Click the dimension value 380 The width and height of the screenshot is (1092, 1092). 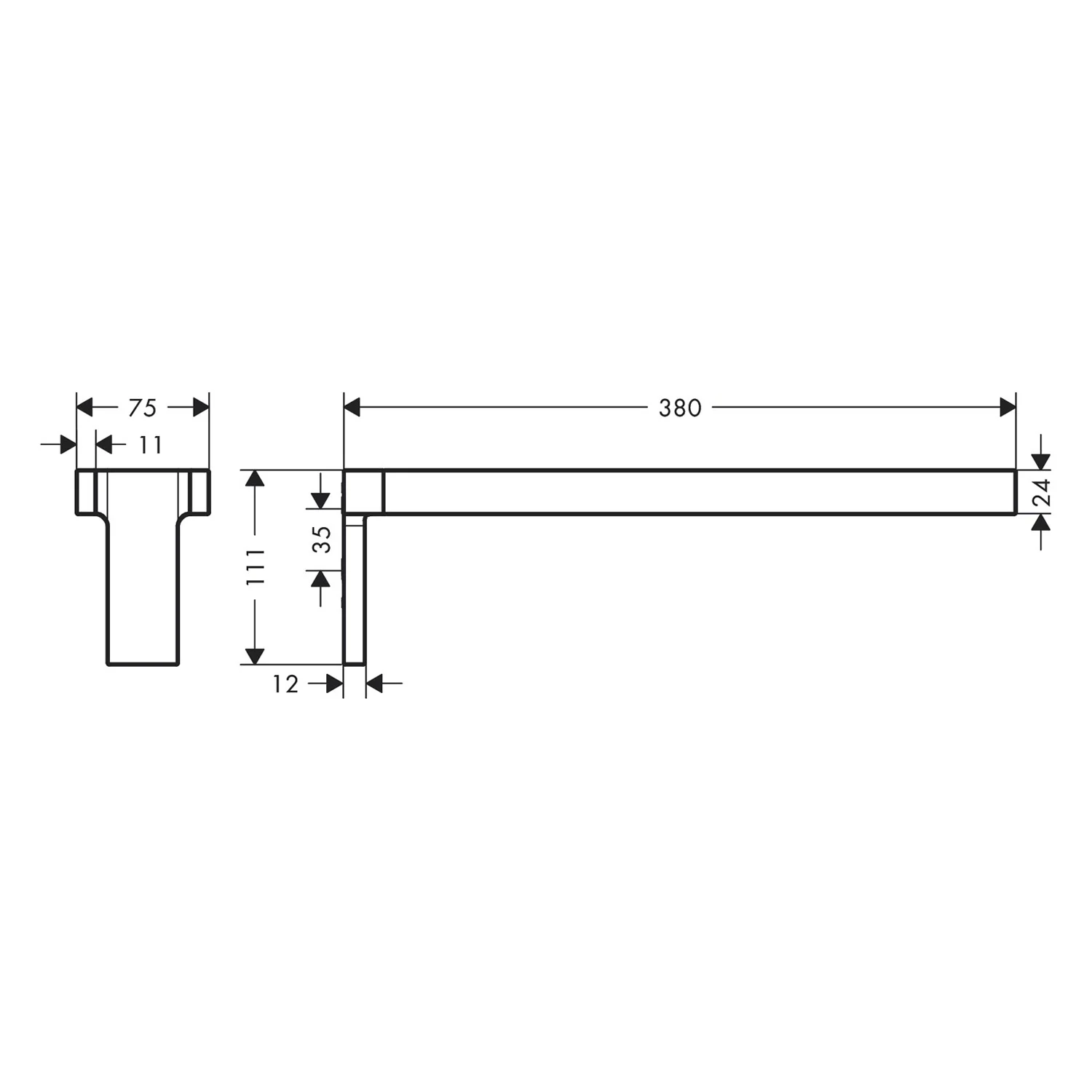tap(680, 408)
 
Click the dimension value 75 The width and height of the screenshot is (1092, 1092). tap(143, 408)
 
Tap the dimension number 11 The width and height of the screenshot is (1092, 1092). tap(151, 445)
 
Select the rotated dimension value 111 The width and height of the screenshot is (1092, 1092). tap(256, 567)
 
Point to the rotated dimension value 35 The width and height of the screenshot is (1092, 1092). tap(322, 539)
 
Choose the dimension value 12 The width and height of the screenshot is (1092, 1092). tap(285, 684)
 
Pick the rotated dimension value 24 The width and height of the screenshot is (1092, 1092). tap(1042, 492)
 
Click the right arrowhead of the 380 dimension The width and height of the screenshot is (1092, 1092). tap(1008, 407)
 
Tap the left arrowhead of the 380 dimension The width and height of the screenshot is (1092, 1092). tap(352, 407)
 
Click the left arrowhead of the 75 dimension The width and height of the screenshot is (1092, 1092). tap(84, 407)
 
